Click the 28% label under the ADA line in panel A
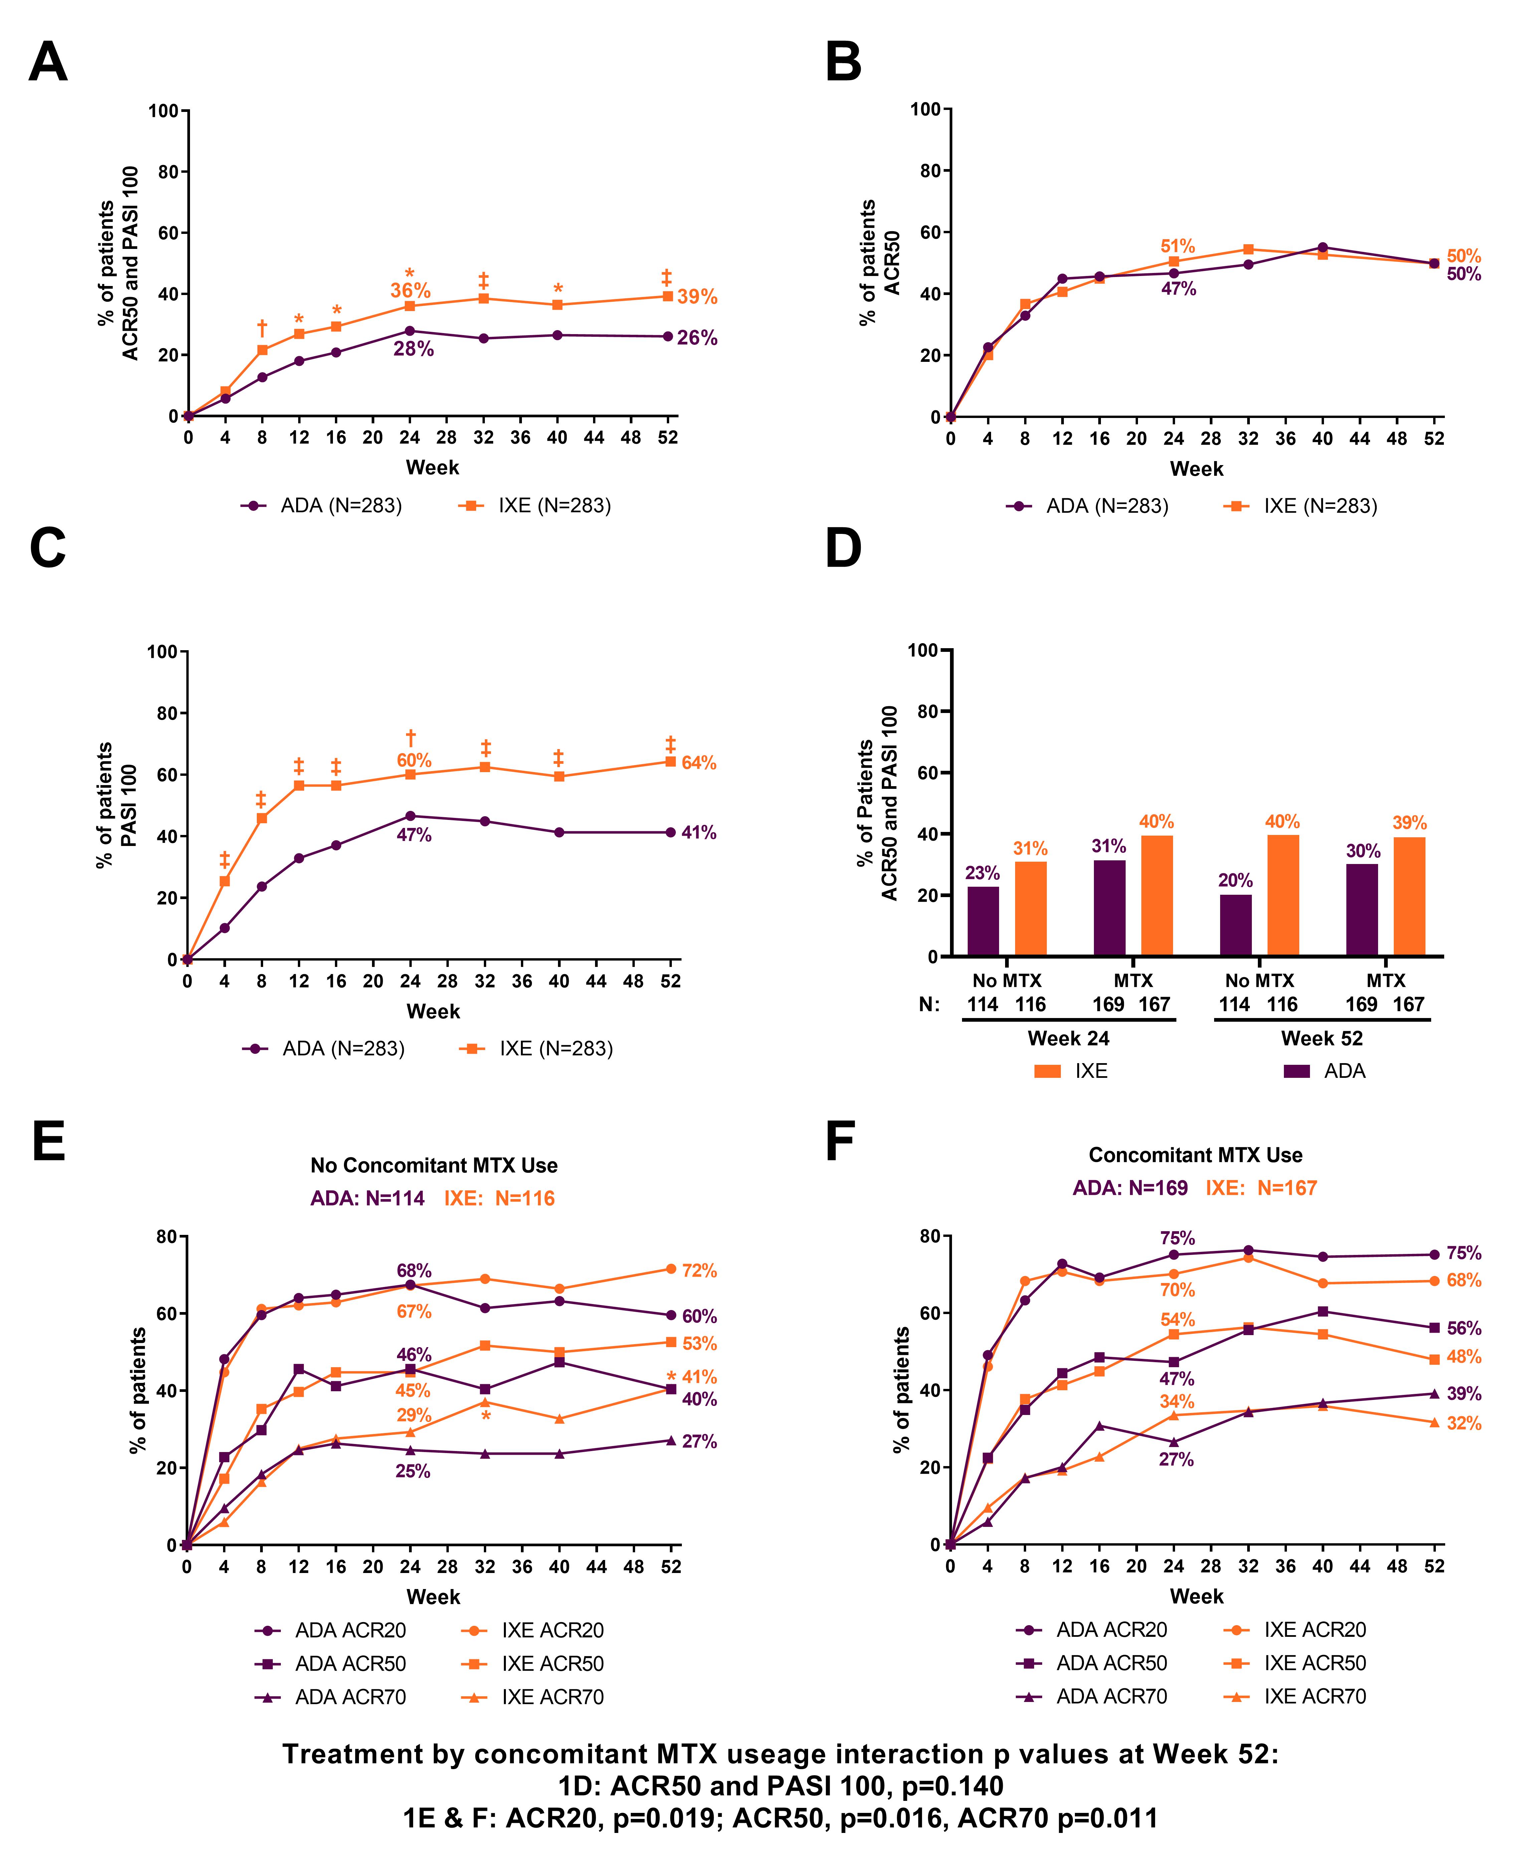point(413,350)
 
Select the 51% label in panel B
point(1178,247)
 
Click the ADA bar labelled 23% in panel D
point(983,921)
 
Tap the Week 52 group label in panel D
point(1321,1038)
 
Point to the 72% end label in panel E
point(699,1271)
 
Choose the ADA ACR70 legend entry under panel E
point(350,1697)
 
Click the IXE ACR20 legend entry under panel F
point(1314,1630)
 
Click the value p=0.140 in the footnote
point(951,1786)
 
